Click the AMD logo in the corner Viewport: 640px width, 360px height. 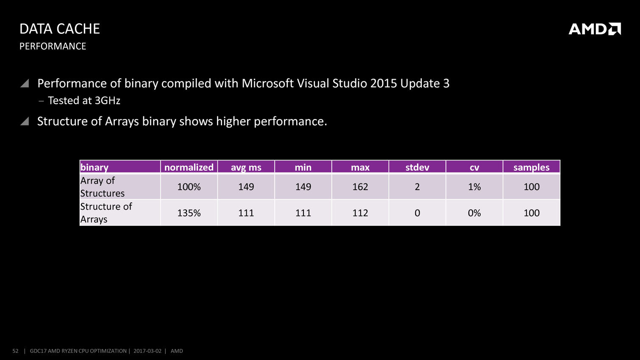click(594, 29)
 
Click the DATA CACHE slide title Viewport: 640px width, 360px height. click(60, 29)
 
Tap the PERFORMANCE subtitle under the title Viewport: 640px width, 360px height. click(53, 46)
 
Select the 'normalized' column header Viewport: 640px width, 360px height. click(189, 167)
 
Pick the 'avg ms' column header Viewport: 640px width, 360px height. click(246, 167)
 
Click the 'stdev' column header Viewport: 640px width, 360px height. click(417, 167)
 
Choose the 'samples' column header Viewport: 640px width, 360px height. click(531, 167)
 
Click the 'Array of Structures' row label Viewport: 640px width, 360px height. click(103, 187)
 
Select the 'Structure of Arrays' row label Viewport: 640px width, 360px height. click(106, 213)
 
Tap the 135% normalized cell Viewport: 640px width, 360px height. click(189, 213)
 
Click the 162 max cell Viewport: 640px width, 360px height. click(360, 187)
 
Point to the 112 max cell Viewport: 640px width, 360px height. click(360, 213)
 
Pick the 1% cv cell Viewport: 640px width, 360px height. click(474, 187)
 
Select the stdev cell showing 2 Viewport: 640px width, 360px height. click(417, 187)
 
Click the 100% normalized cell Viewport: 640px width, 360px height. click(189, 187)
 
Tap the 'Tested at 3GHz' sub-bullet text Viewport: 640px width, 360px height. click(84, 101)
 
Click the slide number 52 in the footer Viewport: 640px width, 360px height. click(16, 351)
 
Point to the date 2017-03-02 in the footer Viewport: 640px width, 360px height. click(147, 351)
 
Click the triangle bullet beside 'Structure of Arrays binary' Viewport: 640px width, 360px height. click(25, 122)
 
